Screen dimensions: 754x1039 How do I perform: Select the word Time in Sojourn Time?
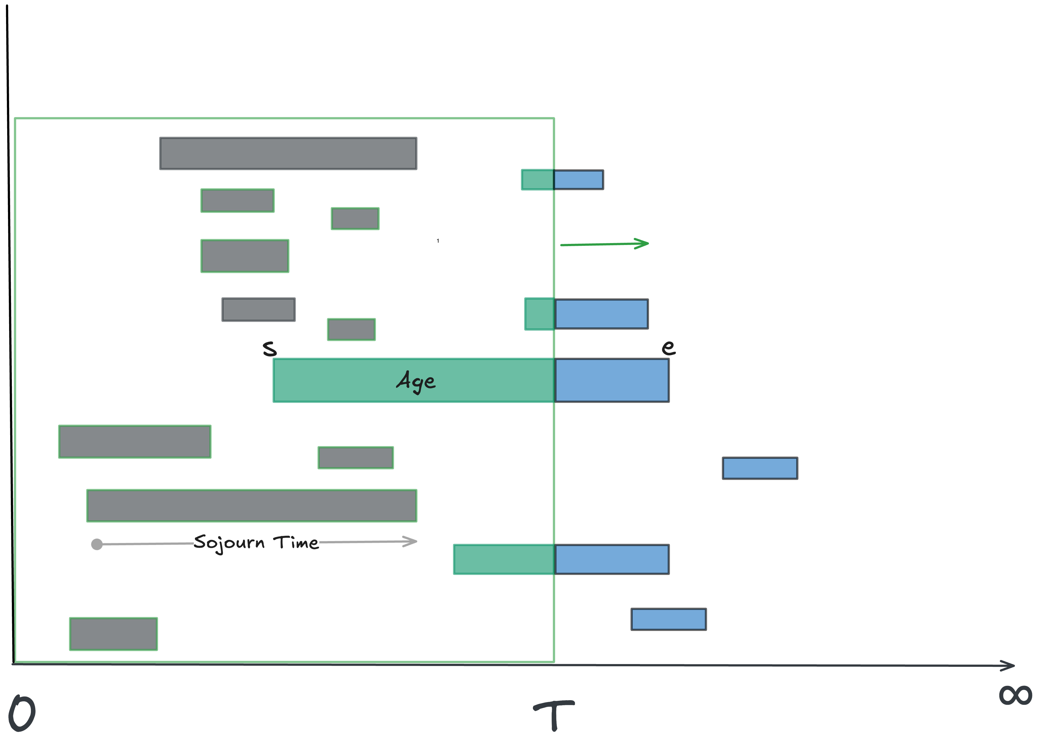pos(296,543)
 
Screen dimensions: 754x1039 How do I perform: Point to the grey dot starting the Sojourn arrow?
pos(97,544)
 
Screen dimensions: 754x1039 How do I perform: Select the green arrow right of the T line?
pos(604,244)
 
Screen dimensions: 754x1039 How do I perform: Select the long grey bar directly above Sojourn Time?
pos(252,506)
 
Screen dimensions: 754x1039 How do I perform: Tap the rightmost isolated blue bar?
pos(760,468)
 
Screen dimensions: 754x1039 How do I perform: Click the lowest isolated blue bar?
pos(668,619)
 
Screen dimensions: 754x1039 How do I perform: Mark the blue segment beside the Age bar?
pos(611,380)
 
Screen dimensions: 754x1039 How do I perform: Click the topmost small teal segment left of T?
pos(537,180)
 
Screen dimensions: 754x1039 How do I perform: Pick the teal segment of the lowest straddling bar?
pos(504,559)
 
